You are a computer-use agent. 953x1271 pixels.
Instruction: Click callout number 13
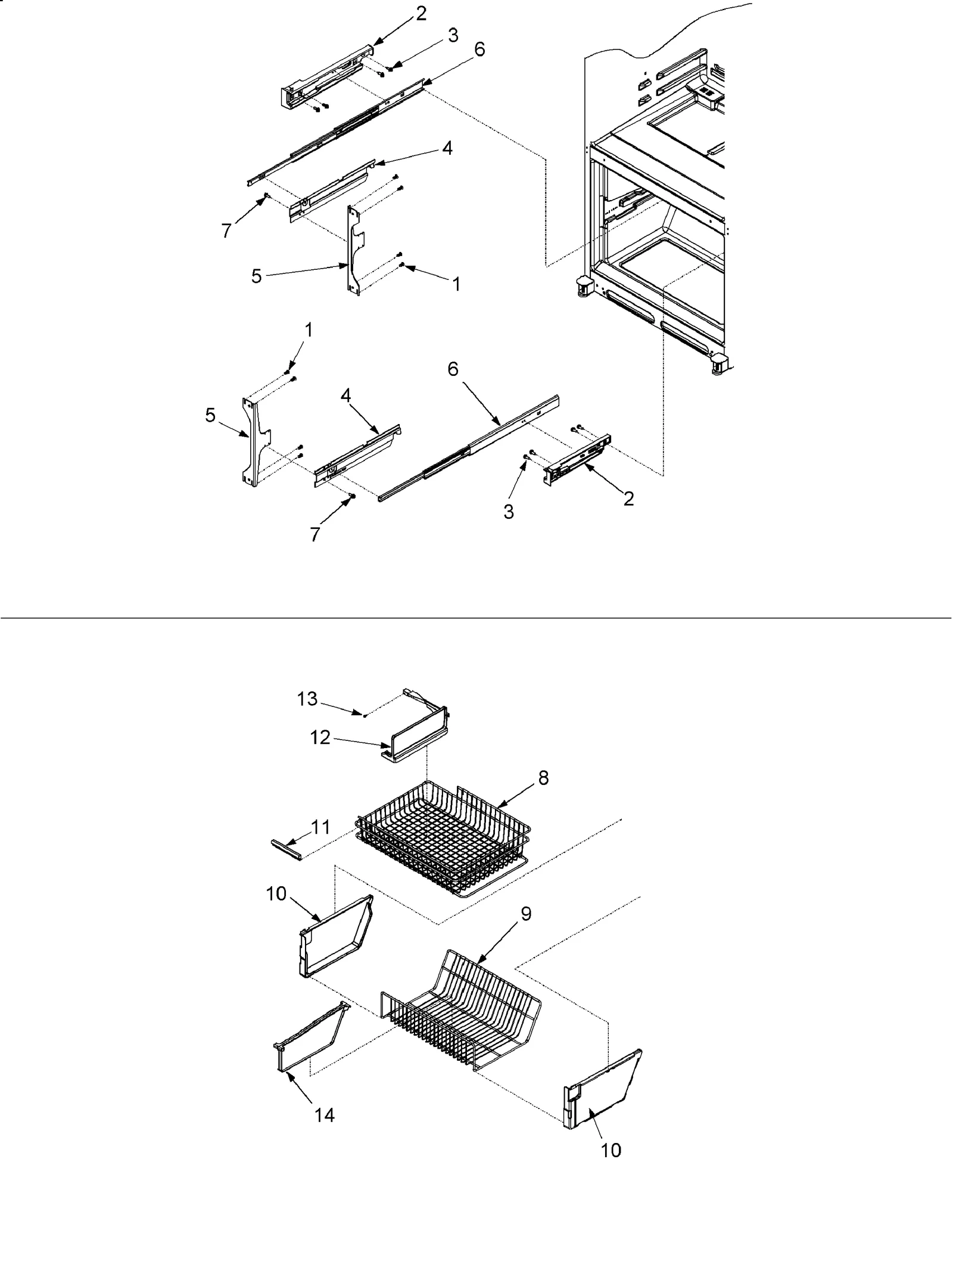307,699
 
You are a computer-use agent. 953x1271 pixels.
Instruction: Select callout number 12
320,737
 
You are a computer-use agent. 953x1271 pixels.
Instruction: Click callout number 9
525,914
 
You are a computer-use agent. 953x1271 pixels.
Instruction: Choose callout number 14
325,1115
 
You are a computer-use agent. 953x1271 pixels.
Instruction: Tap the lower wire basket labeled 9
465,1007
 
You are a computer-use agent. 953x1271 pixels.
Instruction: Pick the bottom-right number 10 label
611,1150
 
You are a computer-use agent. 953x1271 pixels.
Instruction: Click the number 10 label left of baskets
277,911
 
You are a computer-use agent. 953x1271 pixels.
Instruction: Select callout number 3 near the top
453,35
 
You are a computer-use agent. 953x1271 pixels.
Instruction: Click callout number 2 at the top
421,13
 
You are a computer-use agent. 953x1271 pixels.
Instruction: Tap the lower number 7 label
315,534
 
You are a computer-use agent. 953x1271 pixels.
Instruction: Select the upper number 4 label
446,148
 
